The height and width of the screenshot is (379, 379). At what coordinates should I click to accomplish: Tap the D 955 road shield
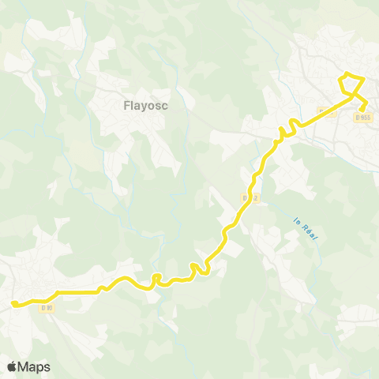pyautogui.click(x=363, y=117)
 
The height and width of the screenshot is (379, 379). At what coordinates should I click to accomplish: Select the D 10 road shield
pyautogui.click(x=47, y=307)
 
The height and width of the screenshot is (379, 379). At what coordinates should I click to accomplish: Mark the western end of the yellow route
pyautogui.click(x=13, y=302)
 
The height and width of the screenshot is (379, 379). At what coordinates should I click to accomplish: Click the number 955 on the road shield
pyautogui.click(x=366, y=117)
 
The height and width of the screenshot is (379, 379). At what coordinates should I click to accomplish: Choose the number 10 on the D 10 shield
pyautogui.click(x=49, y=307)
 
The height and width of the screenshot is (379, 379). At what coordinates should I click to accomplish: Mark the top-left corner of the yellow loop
pyautogui.click(x=341, y=76)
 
